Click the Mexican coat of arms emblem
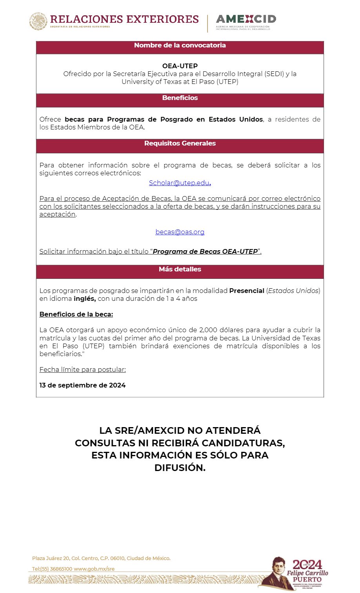(x=38, y=21)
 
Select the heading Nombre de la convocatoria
(x=180, y=45)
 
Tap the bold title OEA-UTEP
(x=180, y=66)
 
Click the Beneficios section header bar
(x=180, y=98)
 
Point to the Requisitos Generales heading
(x=180, y=144)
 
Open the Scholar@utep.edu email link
(x=179, y=183)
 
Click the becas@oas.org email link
(x=180, y=232)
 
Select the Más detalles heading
(x=180, y=269)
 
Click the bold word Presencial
(x=247, y=291)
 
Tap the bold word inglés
(x=84, y=298)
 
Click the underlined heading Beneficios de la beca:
(x=76, y=314)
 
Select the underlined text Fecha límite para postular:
(x=82, y=369)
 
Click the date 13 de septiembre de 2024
(x=82, y=385)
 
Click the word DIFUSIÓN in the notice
(x=180, y=467)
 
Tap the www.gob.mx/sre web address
(x=94, y=569)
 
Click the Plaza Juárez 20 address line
(x=101, y=558)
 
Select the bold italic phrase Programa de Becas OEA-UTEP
(x=205, y=251)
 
